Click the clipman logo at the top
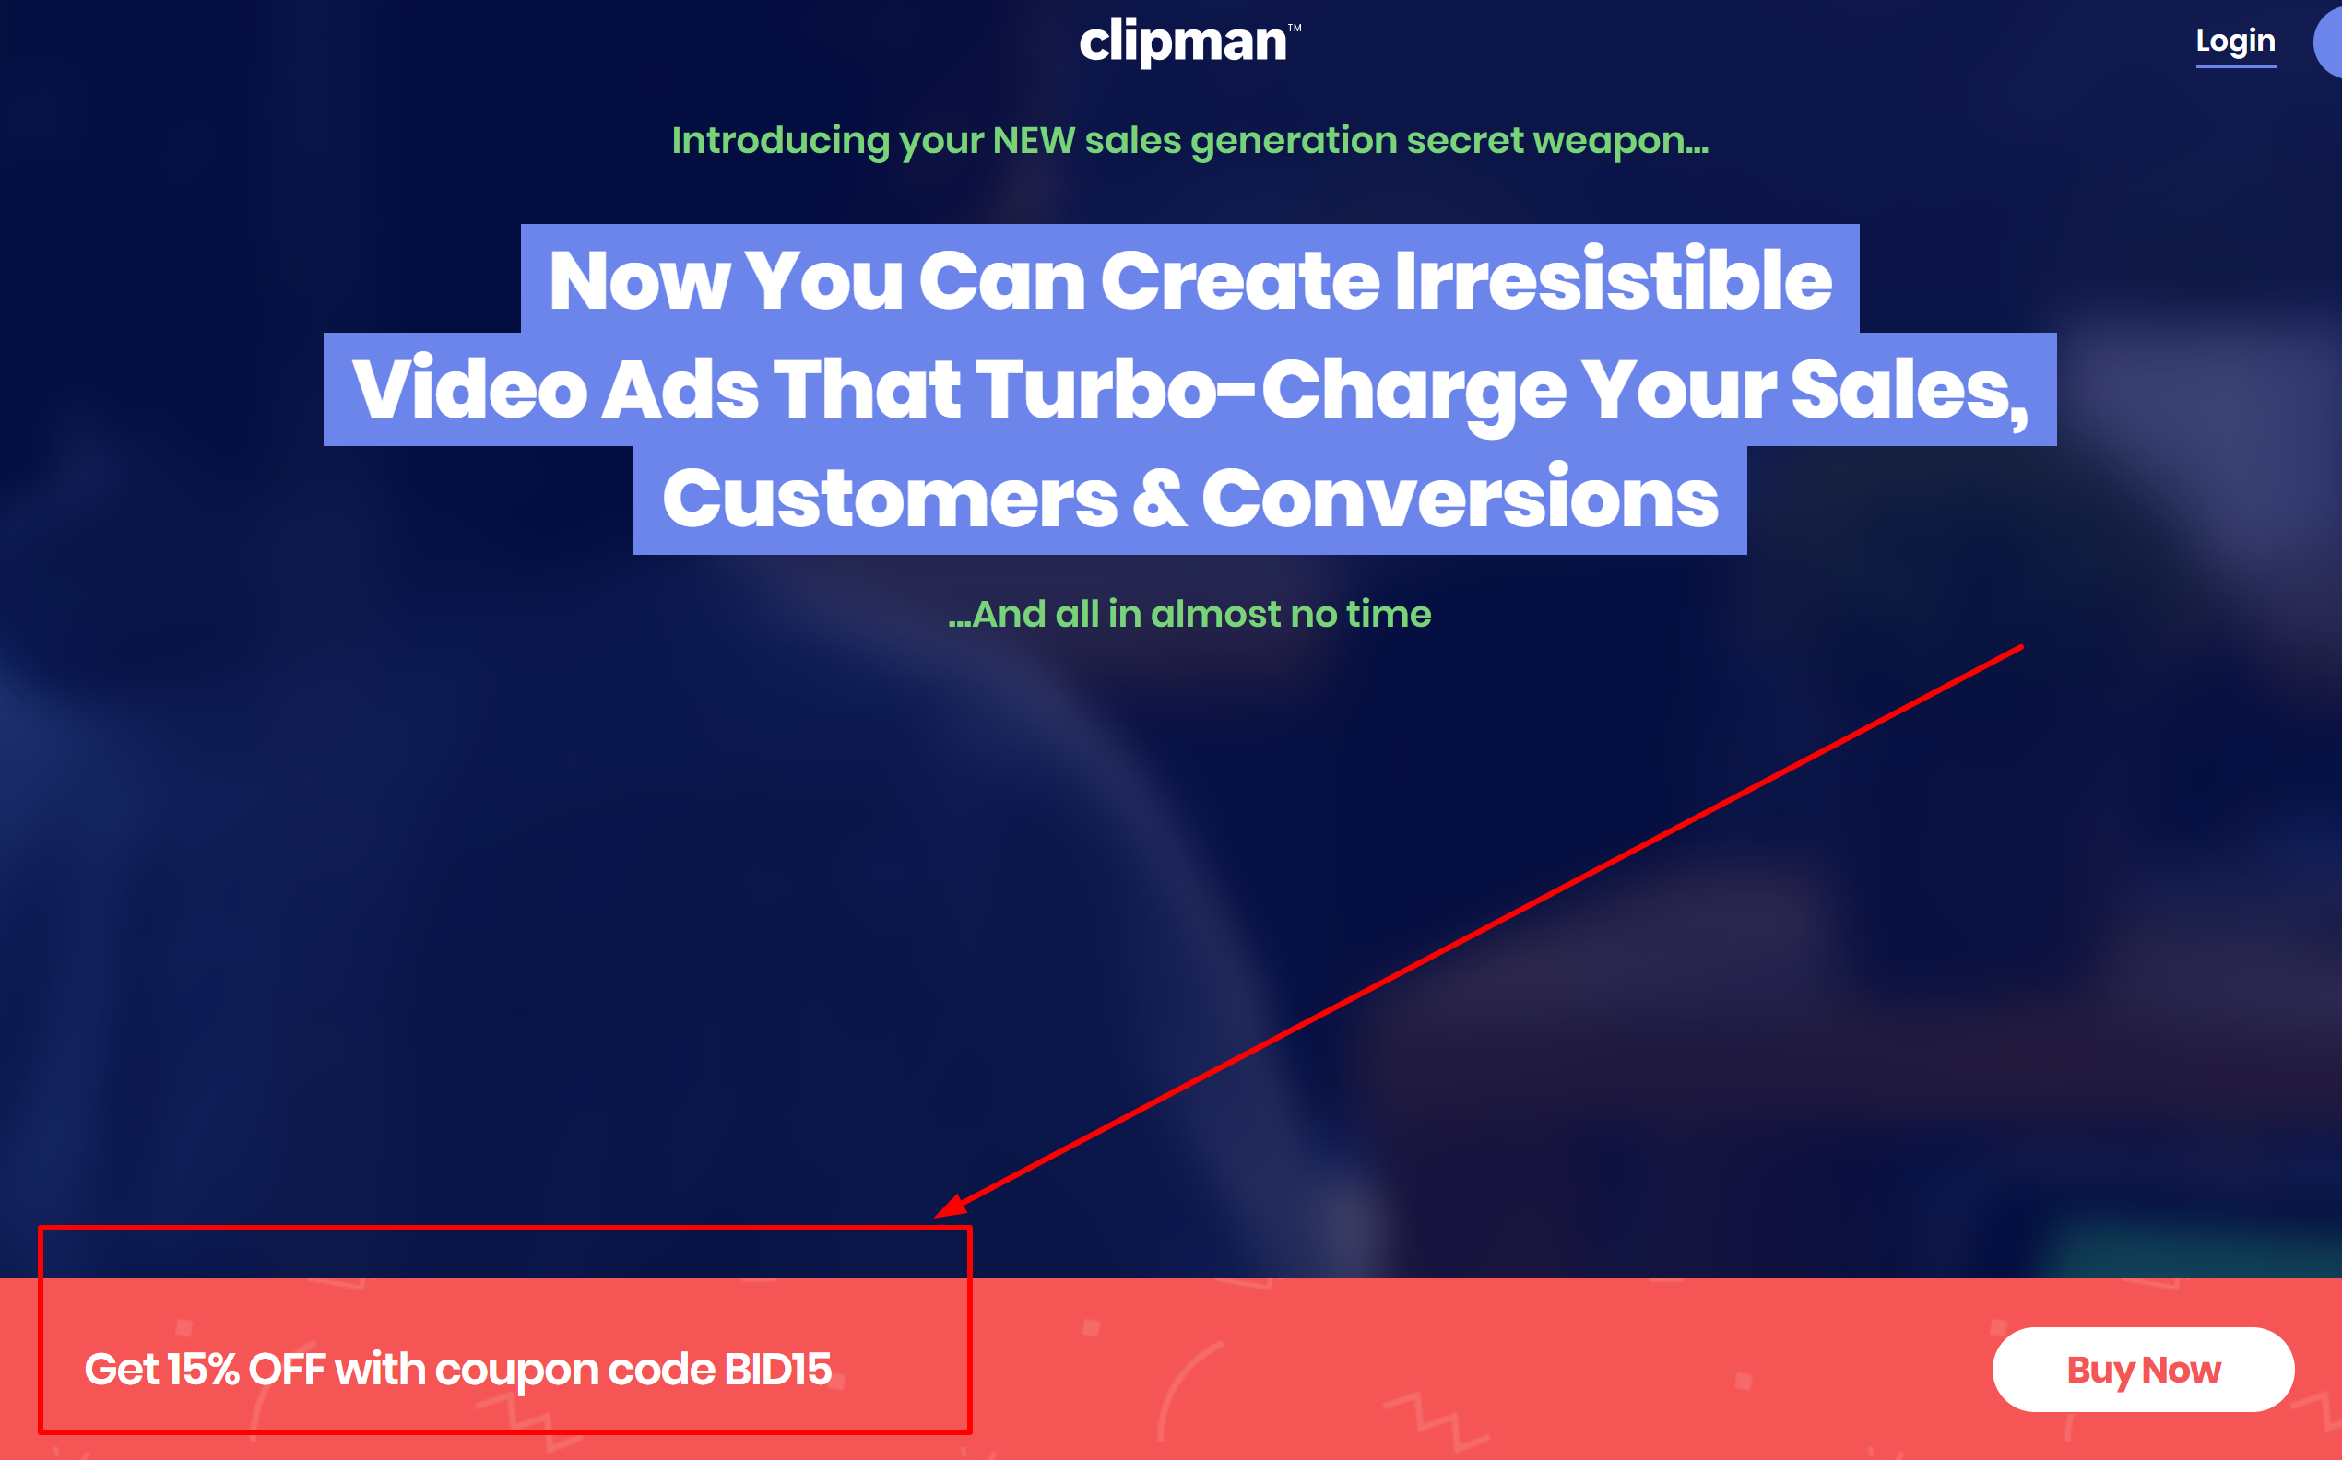click(x=1182, y=42)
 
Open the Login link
click(x=2235, y=41)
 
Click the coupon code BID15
click(x=777, y=1370)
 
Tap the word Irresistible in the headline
click(x=1612, y=280)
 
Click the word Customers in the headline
click(x=890, y=500)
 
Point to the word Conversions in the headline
click(x=1460, y=500)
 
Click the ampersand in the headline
click(x=1159, y=500)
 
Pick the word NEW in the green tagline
click(x=1034, y=141)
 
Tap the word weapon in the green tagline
click(x=1618, y=141)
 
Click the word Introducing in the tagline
click(x=779, y=141)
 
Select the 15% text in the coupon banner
click(x=203, y=1370)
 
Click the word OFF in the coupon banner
click(x=287, y=1370)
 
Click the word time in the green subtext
click(x=1389, y=614)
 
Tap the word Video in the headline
click(x=469, y=389)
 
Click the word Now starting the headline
click(x=638, y=280)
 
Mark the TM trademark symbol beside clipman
click(x=1295, y=28)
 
